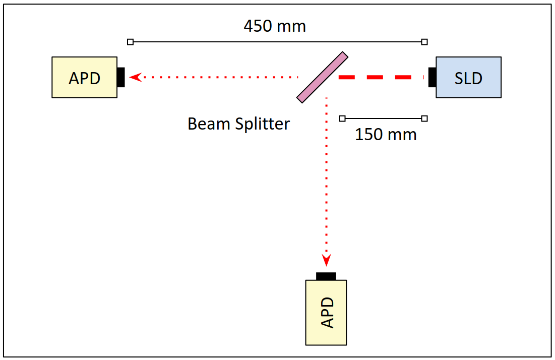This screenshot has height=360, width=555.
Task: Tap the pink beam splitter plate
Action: [322, 77]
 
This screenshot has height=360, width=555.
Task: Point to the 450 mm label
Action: [275, 26]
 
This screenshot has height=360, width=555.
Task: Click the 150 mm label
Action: [386, 135]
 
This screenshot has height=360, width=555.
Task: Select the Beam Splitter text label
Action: [238, 124]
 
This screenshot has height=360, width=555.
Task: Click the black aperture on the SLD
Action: [432, 77]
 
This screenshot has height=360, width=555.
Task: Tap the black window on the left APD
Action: [120, 77]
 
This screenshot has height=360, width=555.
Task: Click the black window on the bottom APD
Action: [326, 276]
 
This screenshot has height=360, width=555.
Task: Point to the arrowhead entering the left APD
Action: [135, 77]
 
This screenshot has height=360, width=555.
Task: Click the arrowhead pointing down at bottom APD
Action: [326, 260]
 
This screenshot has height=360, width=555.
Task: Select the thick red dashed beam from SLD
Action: [381, 78]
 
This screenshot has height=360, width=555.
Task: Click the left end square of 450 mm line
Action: [131, 42]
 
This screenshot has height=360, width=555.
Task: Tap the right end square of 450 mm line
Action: [424, 42]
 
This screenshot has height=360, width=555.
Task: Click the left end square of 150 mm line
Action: [342, 118]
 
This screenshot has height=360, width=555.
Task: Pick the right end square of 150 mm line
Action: [424, 118]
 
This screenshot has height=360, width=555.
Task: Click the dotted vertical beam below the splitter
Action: [326, 176]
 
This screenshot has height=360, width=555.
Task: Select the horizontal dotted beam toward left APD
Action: [217, 77]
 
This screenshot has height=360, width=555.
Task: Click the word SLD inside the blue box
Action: [468, 78]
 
